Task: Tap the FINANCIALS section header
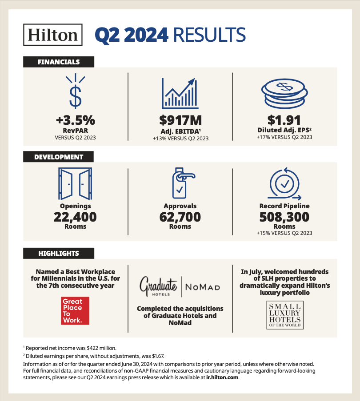click(x=58, y=62)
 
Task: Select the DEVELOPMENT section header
click(x=58, y=157)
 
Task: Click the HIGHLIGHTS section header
click(x=58, y=254)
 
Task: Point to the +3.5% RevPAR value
click(x=76, y=120)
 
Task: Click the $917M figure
click(x=180, y=120)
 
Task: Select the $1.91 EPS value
click(x=284, y=120)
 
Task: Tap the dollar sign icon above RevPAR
click(x=76, y=91)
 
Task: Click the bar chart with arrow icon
click(x=180, y=92)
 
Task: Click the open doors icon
click(x=76, y=184)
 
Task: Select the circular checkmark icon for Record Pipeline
click(x=284, y=183)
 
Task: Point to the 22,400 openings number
click(x=76, y=217)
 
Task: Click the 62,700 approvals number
click(x=180, y=217)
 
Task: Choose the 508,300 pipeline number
click(x=284, y=217)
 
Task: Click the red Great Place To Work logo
click(x=75, y=310)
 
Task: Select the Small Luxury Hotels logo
click(x=284, y=315)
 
